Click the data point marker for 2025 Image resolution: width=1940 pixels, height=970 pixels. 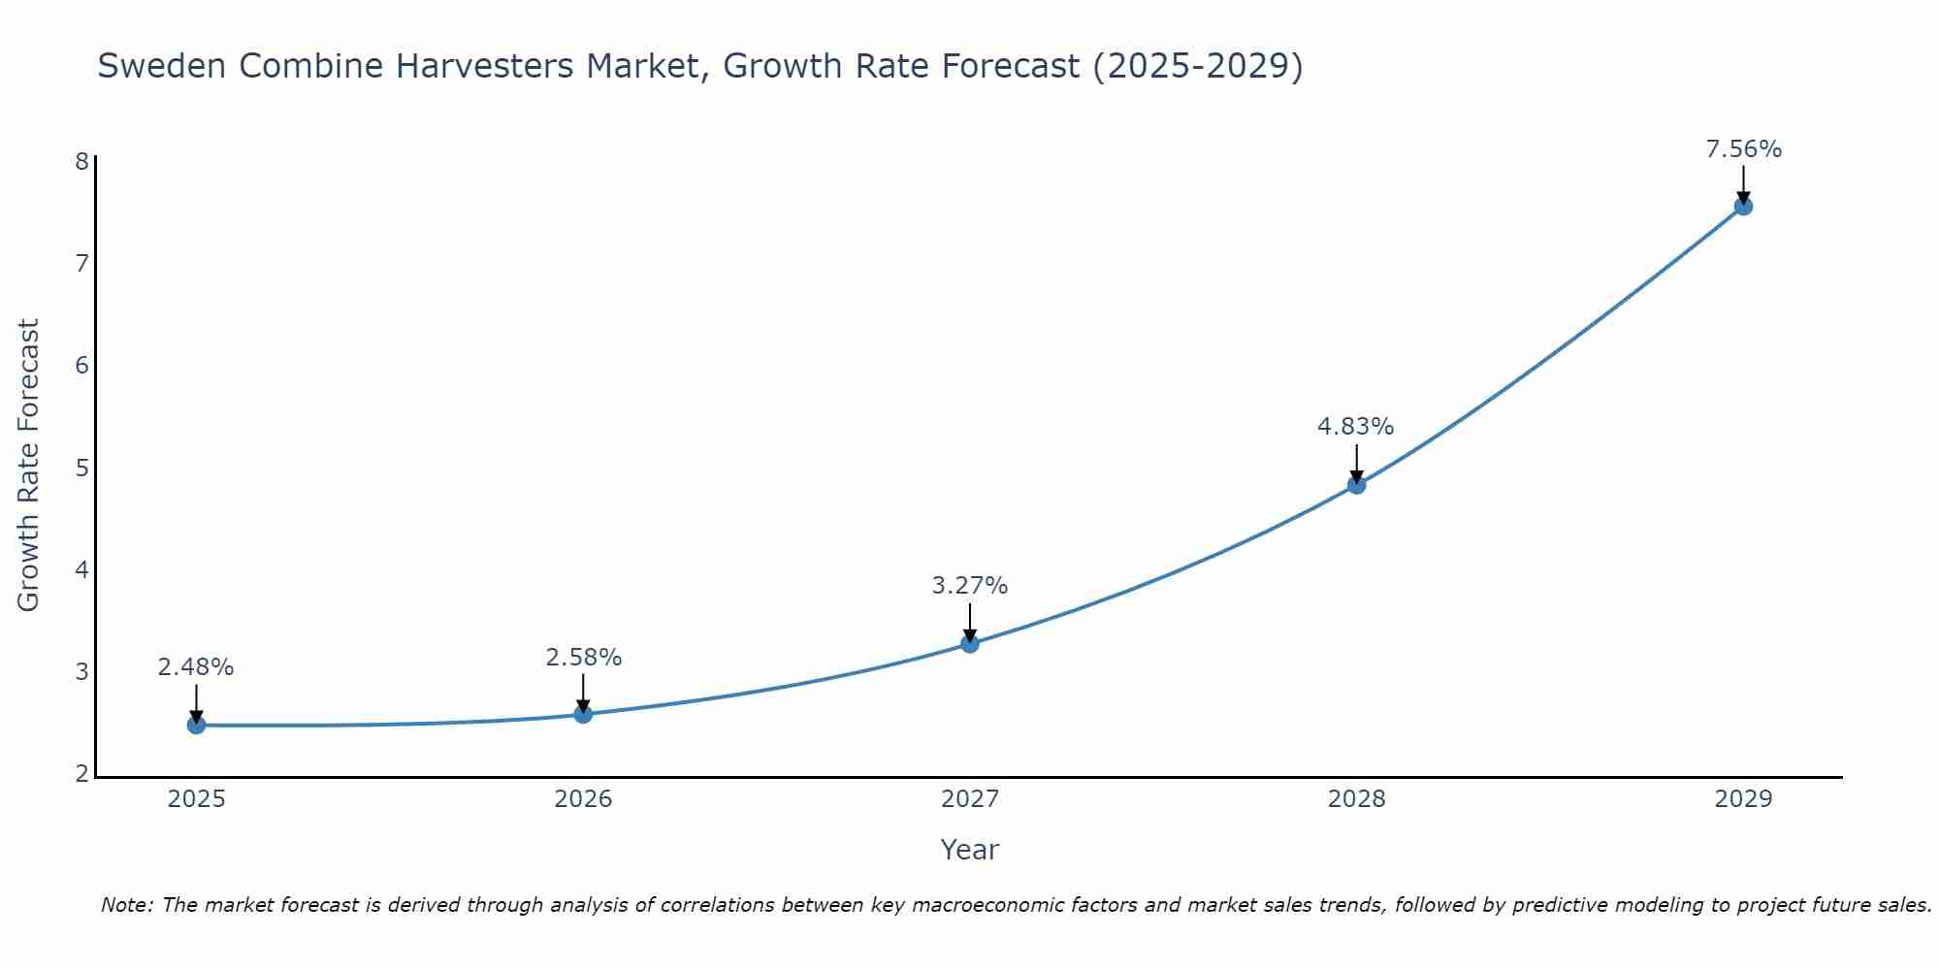[x=196, y=725]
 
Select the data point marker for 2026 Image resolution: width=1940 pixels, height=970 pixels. [x=583, y=714]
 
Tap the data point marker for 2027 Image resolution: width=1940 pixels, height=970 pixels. [x=970, y=643]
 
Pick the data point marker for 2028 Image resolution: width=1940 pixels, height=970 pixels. [x=1356, y=484]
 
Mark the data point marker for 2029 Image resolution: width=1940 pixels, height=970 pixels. [x=1743, y=206]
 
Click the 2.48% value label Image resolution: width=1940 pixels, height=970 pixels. [x=196, y=667]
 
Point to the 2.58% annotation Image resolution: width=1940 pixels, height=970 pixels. [x=583, y=658]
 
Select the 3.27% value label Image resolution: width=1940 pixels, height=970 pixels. [x=970, y=586]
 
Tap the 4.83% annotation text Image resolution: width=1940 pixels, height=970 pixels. [x=1356, y=427]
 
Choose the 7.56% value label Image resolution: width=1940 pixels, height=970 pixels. [x=1743, y=149]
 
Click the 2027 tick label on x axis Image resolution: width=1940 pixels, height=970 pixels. [x=970, y=799]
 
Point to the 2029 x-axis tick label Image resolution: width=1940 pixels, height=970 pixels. [x=1743, y=799]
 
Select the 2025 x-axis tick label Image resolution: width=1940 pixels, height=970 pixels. [x=196, y=799]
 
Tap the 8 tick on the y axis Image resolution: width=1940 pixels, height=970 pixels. [x=81, y=161]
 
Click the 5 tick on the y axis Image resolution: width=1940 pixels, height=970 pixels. [x=81, y=468]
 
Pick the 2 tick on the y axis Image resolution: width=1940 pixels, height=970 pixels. [x=81, y=774]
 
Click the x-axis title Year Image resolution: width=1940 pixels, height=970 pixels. [x=970, y=850]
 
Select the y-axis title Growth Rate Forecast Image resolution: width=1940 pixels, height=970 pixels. [x=29, y=466]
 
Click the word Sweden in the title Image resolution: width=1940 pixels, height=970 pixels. [x=162, y=67]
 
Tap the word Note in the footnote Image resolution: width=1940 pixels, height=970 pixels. [x=124, y=905]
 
